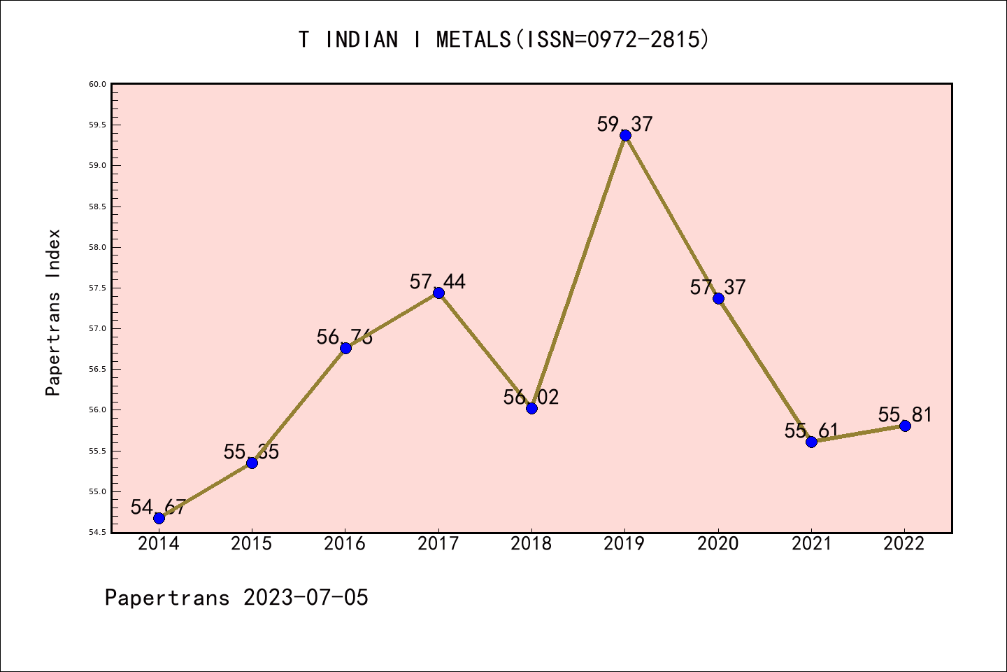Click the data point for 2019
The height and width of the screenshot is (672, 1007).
click(625, 135)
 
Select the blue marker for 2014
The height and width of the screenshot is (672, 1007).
click(159, 518)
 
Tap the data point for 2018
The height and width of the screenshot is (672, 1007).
click(531, 408)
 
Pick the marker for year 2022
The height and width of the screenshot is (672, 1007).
click(905, 426)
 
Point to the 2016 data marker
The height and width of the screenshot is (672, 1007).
click(345, 348)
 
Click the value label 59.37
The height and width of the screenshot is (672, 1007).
click(624, 124)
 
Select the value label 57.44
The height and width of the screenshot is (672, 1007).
click(438, 281)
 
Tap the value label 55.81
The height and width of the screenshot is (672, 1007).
click(905, 414)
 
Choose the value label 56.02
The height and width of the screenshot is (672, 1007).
click(531, 397)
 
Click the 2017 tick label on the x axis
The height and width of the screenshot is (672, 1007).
click(438, 544)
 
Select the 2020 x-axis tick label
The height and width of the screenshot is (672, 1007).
click(718, 544)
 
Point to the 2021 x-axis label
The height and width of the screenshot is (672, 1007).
click(811, 544)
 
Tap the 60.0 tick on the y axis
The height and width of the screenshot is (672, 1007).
click(97, 84)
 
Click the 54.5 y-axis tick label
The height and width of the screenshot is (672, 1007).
click(97, 532)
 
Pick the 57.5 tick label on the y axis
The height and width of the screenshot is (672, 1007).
click(97, 288)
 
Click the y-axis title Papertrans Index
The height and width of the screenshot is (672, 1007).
click(54, 312)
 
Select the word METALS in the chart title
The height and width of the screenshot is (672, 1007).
click(473, 40)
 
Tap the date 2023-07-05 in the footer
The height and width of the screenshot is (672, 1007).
click(306, 598)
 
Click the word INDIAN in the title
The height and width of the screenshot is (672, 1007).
click(362, 40)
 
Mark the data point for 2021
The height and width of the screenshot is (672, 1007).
click(811, 442)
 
